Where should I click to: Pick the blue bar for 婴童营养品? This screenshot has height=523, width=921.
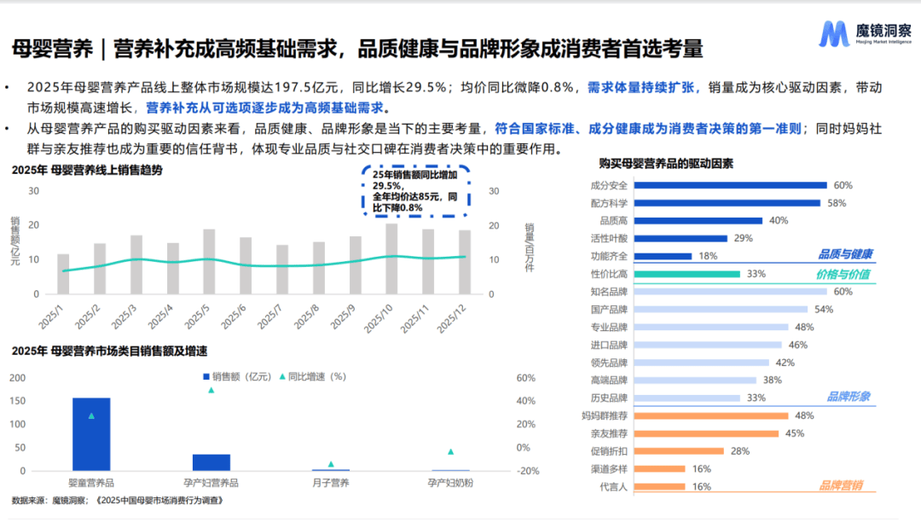point(91,434)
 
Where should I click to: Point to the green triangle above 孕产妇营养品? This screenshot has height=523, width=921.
point(211,390)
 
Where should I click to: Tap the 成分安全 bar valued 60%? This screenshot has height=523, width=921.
point(731,185)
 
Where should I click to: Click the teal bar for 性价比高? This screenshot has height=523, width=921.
point(687,274)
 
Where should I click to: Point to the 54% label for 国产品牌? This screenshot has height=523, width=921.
point(824,310)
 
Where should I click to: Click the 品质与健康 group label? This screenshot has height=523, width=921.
point(845,254)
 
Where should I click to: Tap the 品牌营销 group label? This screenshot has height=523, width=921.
point(841,485)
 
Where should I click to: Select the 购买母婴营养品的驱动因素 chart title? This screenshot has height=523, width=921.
point(666,163)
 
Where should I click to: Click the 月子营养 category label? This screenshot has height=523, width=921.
point(330,483)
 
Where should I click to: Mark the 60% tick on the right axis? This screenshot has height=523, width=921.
point(525,378)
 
